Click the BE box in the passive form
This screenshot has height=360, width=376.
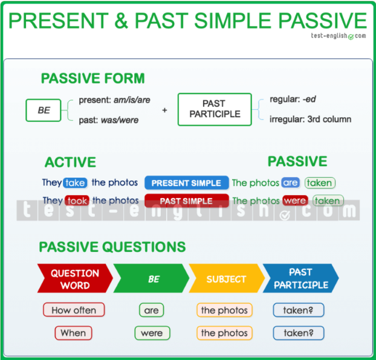click(x=44, y=111)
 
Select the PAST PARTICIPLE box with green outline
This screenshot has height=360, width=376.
click(x=215, y=109)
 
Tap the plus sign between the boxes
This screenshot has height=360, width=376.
click(x=164, y=111)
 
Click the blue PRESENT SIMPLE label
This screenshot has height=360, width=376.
click(x=187, y=183)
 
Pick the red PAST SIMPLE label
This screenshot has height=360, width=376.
click(x=187, y=201)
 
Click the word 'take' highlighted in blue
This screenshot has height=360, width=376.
click(x=75, y=183)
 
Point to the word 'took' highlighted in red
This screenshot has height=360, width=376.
click(x=77, y=201)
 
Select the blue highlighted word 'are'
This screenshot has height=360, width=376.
click(x=290, y=182)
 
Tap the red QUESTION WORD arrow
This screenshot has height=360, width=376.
click(x=75, y=278)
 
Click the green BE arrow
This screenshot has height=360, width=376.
click(x=151, y=278)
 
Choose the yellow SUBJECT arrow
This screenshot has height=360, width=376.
click(x=227, y=278)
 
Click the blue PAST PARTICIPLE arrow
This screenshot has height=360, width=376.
click(x=300, y=278)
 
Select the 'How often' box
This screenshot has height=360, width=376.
click(x=74, y=310)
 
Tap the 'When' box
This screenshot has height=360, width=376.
click(x=73, y=333)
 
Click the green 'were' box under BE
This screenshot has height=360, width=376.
click(x=152, y=333)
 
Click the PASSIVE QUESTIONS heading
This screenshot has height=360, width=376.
click(x=112, y=247)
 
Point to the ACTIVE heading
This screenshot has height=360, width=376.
click(x=70, y=162)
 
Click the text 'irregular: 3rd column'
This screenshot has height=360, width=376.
click(x=310, y=119)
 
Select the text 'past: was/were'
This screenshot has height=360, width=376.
click(x=109, y=120)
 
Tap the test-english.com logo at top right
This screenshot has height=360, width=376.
click(x=339, y=36)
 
